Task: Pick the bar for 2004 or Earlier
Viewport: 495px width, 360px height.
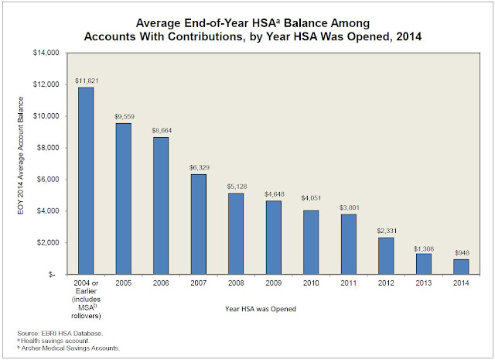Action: [85, 181]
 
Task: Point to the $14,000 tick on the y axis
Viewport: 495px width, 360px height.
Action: [46, 53]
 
